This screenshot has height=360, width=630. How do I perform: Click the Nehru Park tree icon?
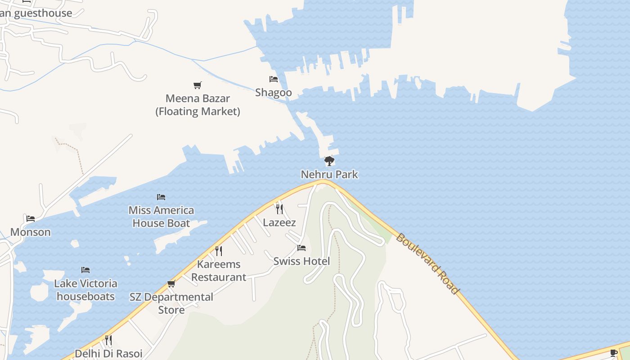[x=329, y=161]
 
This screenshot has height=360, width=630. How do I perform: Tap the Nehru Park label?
[x=329, y=174]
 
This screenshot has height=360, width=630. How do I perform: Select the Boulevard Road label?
[x=427, y=264]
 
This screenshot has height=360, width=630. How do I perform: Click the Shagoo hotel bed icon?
[x=274, y=79]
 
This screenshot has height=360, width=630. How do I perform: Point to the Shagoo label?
[x=274, y=93]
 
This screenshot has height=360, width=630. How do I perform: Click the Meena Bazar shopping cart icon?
[x=197, y=85]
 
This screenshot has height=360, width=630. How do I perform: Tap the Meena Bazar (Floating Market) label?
[x=198, y=105]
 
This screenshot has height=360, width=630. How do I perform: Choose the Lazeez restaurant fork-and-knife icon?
[x=279, y=209]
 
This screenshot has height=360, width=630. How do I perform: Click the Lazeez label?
[x=279, y=222]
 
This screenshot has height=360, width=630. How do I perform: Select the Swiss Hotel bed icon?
[x=301, y=248]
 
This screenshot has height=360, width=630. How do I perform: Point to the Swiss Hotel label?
[x=301, y=261]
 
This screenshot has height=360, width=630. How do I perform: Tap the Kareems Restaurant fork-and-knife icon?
[x=219, y=251]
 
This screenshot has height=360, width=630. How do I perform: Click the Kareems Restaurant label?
[x=219, y=270]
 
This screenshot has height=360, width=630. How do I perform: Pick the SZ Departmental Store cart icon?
[x=171, y=283]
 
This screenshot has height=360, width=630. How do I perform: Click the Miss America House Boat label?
[x=161, y=216]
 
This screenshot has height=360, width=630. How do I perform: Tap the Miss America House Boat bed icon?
[x=161, y=197]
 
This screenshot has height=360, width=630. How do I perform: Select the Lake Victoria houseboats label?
[x=85, y=290]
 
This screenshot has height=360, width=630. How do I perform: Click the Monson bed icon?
[x=31, y=219]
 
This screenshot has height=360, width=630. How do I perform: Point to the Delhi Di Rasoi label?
[x=108, y=353]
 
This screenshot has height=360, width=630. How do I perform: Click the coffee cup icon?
[x=614, y=353]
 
